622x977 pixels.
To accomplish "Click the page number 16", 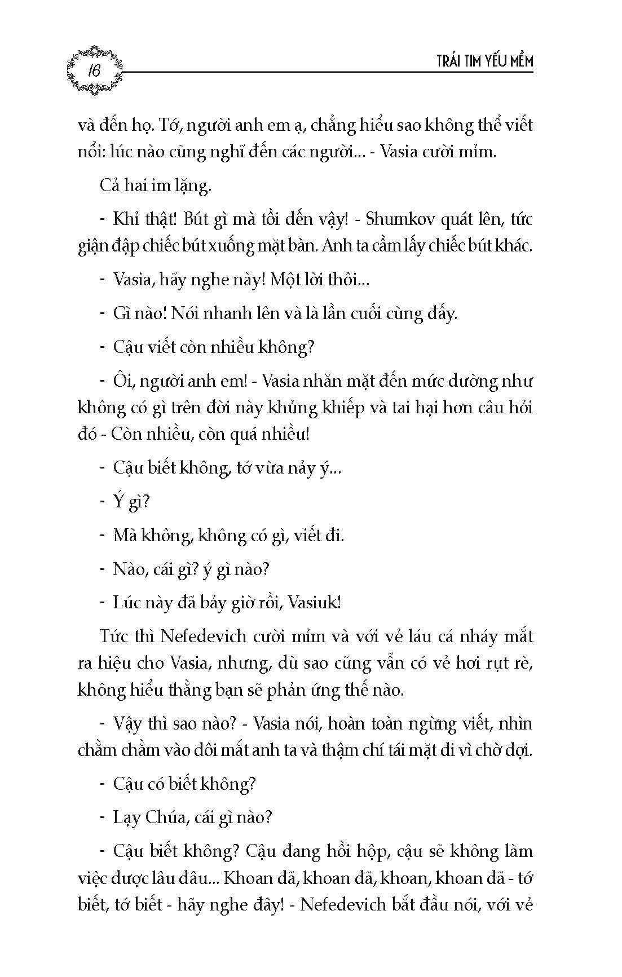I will click(x=94, y=71).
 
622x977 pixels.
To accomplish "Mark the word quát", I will click(x=464, y=220).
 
